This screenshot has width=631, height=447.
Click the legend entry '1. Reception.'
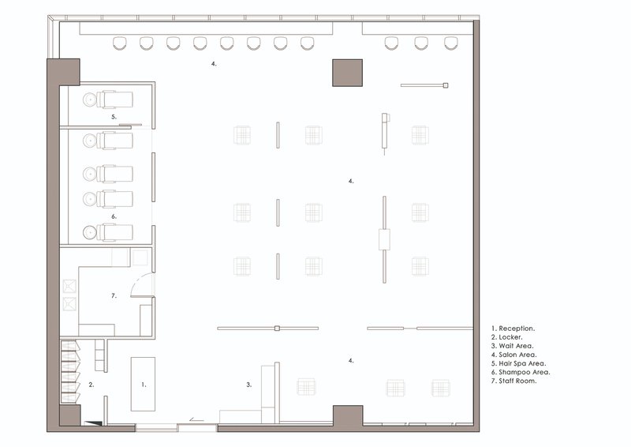tap(513, 329)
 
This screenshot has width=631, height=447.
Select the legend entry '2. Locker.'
tap(507, 337)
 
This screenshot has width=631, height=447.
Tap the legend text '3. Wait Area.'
tap(512, 346)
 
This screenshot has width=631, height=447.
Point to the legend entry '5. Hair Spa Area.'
tap(519, 363)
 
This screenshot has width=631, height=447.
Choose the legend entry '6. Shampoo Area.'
tap(521, 373)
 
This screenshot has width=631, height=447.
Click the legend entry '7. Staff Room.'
tap(514, 381)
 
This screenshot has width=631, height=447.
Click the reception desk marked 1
tap(143, 384)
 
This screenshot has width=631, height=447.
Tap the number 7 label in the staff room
tap(114, 296)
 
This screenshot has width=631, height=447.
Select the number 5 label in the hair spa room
tap(114, 117)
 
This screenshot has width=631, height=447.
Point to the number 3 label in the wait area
tap(249, 385)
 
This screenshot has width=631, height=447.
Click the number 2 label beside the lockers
tap(91, 385)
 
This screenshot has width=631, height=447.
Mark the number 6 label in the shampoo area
tap(114, 216)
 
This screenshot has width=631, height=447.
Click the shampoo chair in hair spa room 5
tap(108, 100)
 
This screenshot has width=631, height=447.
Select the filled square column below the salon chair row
tap(347, 73)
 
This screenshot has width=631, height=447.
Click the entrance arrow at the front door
tap(196, 420)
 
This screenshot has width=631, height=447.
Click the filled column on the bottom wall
tap(348, 415)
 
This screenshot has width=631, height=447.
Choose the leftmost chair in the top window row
tap(120, 43)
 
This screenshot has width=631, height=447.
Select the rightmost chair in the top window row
tap(450, 43)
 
